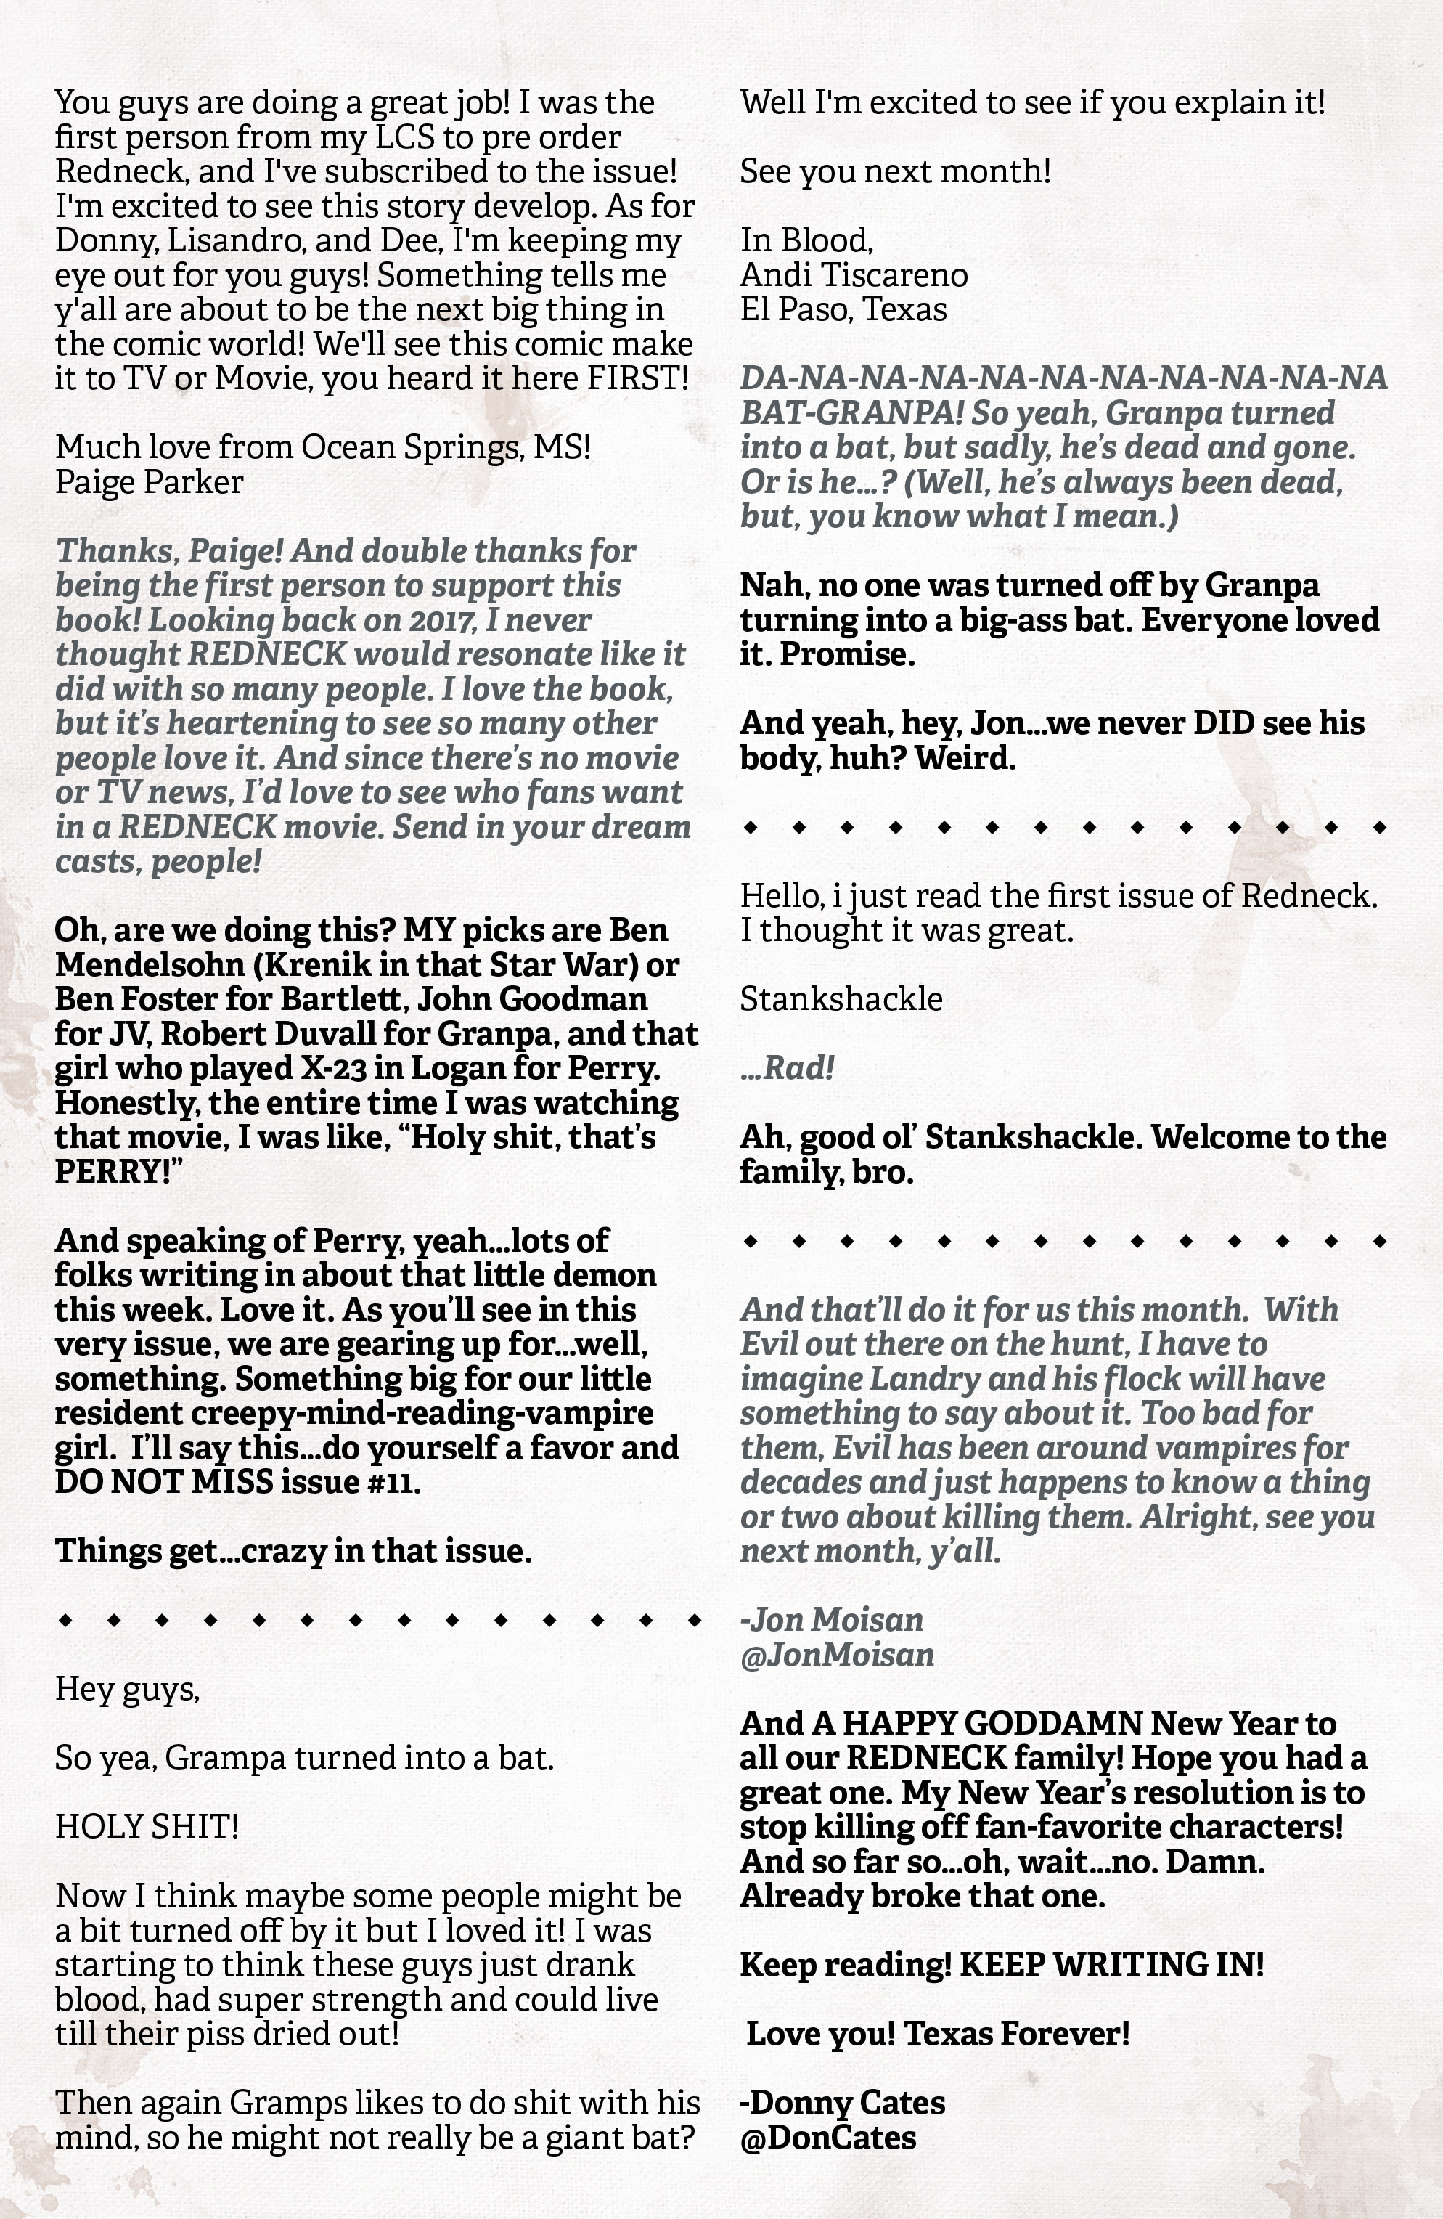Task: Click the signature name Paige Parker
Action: tap(149, 482)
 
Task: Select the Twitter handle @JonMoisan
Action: tap(837, 1654)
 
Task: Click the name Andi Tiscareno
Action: tap(854, 275)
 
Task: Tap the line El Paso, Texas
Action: tap(843, 309)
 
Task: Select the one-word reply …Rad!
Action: tap(787, 1069)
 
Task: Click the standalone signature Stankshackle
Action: tap(841, 998)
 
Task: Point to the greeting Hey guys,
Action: tap(128, 1688)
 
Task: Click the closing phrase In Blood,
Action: tap(806, 240)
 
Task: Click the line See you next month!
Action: tap(895, 171)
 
